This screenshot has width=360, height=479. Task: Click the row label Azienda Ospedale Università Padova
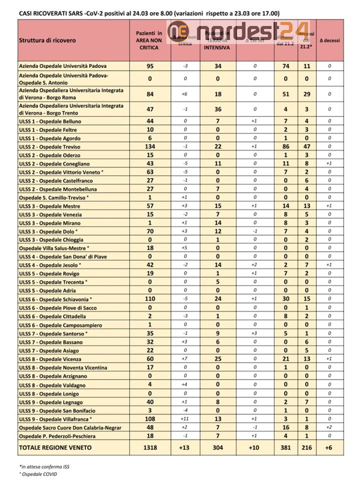coord(62,65)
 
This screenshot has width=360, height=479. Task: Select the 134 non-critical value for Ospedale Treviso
coord(149,146)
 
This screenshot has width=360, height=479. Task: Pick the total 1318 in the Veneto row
coord(149,447)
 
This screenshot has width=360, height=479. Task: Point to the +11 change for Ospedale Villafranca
coord(184,418)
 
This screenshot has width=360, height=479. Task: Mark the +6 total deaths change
coord(329,447)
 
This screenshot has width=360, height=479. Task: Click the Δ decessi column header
coord(329,40)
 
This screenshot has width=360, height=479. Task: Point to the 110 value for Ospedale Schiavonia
coord(149,299)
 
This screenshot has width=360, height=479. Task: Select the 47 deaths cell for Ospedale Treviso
coord(307,146)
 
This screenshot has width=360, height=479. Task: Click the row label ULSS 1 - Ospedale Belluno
coord(50,121)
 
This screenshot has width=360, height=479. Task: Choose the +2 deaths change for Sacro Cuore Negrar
coord(329,427)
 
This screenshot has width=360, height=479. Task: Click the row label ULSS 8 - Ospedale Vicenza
coord(50,358)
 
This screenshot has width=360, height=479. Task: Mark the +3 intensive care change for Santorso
coord(254,333)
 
